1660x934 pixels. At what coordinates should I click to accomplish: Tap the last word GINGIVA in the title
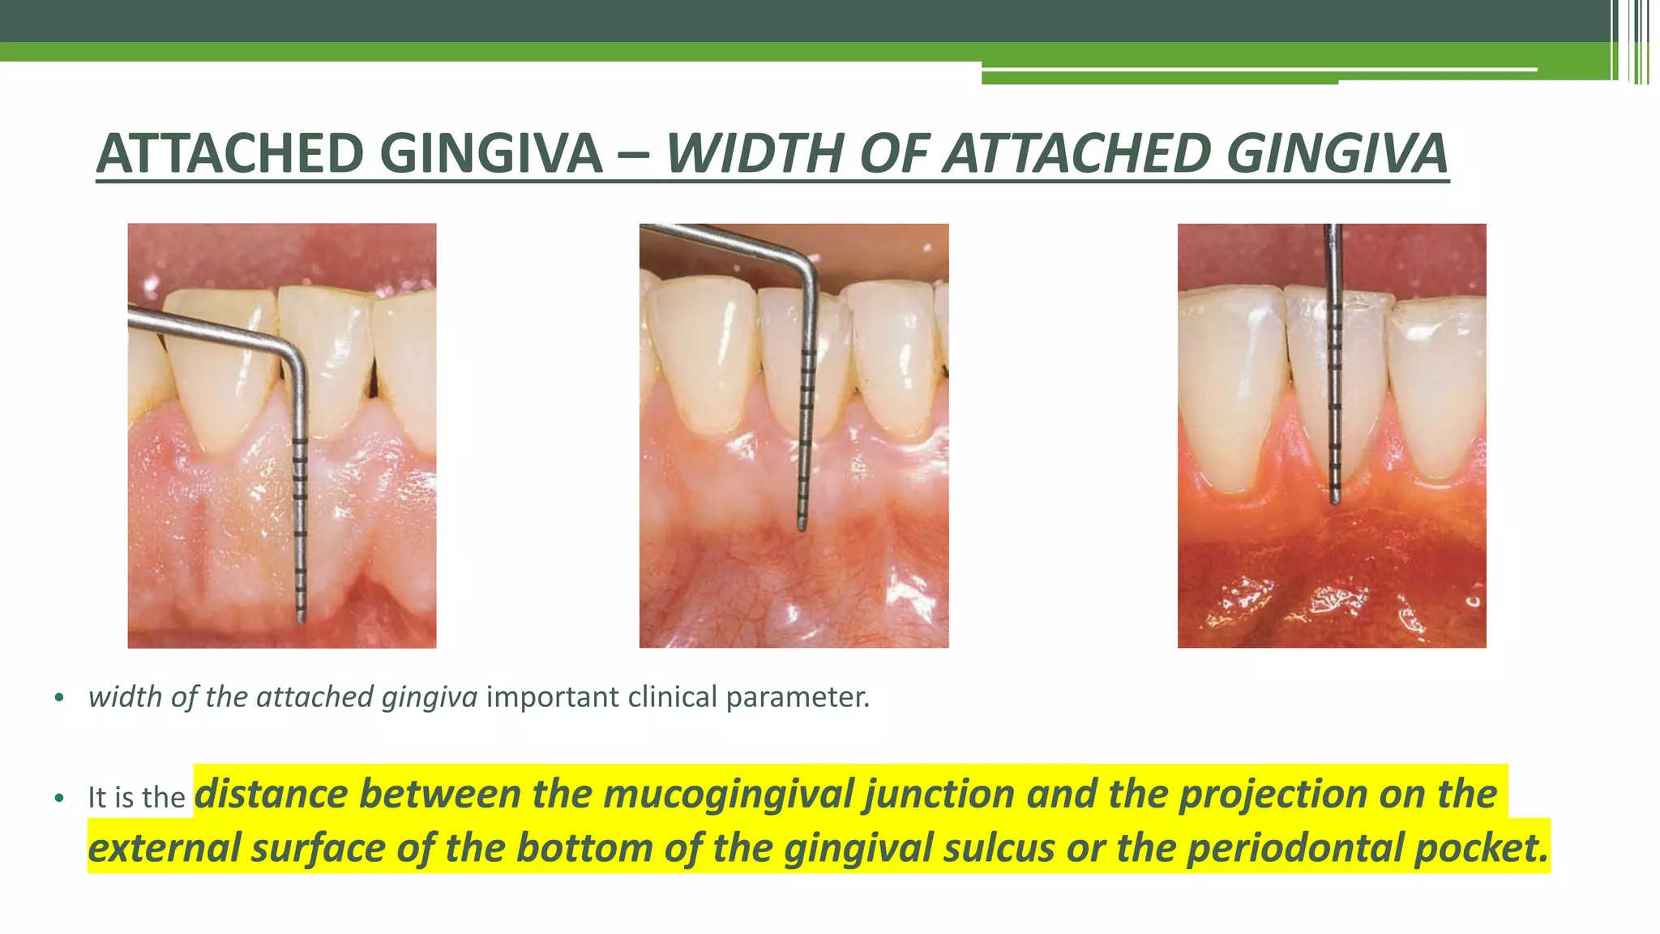point(1337,153)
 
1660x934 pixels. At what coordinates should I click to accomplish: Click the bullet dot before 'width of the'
point(58,698)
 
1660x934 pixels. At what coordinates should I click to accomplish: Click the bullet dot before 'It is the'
point(58,799)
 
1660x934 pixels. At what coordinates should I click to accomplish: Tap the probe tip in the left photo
point(302,619)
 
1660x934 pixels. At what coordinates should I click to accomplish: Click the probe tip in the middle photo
point(802,527)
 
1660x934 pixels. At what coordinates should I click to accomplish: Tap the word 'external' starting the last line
point(163,848)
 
